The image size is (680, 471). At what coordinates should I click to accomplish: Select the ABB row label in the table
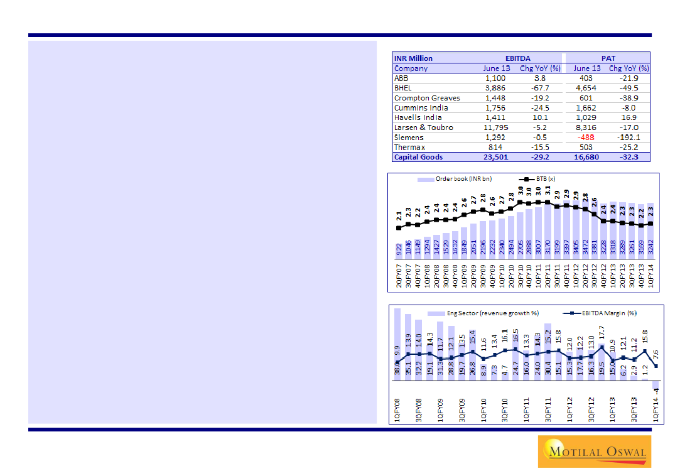pyautogui.click(x=401, y=78)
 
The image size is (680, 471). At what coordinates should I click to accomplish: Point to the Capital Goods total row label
pyautogui.click(x=418, y=157)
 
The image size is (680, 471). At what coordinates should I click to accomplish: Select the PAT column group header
pyautogui.click(x=607, y=58)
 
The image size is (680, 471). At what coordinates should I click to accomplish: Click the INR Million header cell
pyautogui.click(x=413, y=58)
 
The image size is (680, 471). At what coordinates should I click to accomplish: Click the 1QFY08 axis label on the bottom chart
pyautogui.click(x=397, y=409)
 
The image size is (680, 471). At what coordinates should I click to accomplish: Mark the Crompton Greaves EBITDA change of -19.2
pyautogui.click(x=539, y=98)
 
